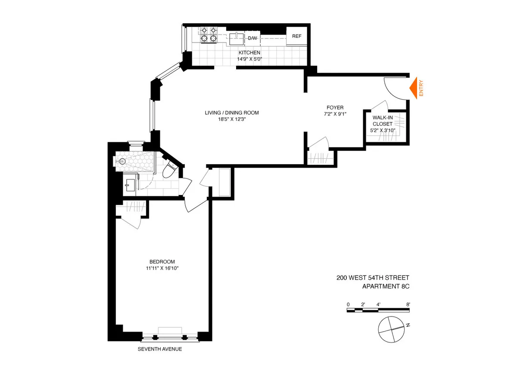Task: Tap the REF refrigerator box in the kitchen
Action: pos(296,36)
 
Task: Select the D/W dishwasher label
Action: pos(252,38)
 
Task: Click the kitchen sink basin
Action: pos(235,38)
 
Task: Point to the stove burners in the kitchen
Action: pos(208,35)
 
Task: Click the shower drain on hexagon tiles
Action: pos(122,161)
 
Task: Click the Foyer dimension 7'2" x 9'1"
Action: pos(335,114)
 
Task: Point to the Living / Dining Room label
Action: pos(232,113)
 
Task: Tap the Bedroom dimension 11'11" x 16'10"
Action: pos(162,268)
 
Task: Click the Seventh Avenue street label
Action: pos(159,349)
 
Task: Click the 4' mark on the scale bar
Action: pos(378,304)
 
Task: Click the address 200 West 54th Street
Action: pos(373,278)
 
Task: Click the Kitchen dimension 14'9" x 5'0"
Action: pos(249,59)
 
